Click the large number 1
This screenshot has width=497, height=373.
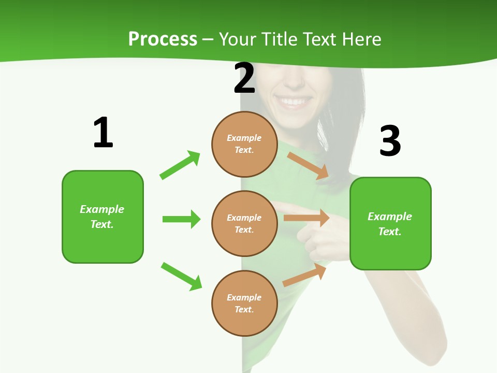(x=103, y=133)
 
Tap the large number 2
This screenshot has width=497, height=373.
(x=244, y=79)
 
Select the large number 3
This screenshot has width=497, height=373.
(x=390, y=141)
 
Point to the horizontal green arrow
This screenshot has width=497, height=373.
(x=181, y=219)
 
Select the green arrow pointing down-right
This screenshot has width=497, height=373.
(x=181, y=276)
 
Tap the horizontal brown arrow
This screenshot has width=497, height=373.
(x=306, y=218)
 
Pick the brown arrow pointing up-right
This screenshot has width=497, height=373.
(x=305, y=276)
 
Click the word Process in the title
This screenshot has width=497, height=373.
(x=163, y=39)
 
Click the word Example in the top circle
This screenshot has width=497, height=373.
(x=244, y=138)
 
